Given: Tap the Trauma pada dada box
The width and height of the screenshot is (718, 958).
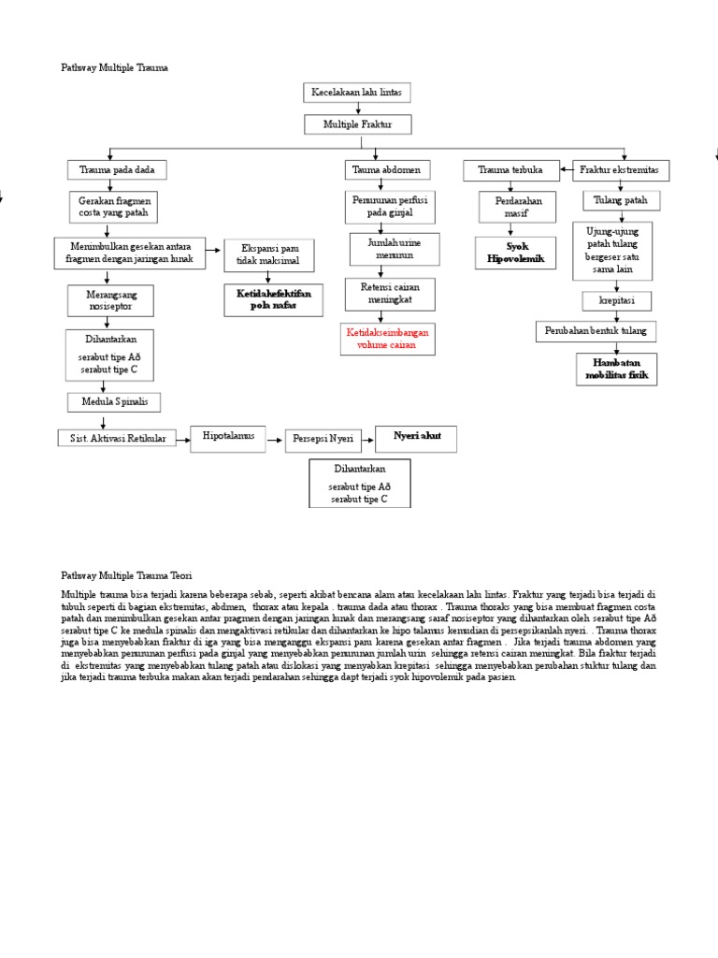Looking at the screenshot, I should click(x=117, y=169).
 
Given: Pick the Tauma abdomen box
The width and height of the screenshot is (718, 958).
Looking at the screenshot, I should click(x=386, y=170).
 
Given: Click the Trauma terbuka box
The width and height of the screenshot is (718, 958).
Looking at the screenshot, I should click(x=511, y=170).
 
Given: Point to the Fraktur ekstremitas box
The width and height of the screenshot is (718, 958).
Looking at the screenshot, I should click(x=619, y=170).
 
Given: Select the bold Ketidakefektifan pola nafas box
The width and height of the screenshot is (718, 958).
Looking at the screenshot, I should click(x=269, y=299).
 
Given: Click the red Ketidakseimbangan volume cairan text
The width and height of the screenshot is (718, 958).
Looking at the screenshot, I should click(x=380, y=339).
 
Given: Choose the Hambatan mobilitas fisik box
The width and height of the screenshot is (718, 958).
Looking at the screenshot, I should click(x=617, y=369).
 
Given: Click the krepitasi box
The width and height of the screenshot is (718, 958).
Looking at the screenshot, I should click(x=616, y=301).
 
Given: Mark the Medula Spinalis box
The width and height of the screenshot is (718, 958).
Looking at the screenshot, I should click(x=114, y=402).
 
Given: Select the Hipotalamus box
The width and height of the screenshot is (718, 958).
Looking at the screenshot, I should click(x=228, y=437).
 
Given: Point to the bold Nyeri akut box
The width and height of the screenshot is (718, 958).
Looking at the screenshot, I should click(x=416, y=437).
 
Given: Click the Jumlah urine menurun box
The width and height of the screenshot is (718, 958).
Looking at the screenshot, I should click(x=381, y=249).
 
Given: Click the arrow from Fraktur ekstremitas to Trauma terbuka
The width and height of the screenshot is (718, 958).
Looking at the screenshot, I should click(x=565, y=170).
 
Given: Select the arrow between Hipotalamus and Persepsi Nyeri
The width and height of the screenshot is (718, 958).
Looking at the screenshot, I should click(x=275, y=438).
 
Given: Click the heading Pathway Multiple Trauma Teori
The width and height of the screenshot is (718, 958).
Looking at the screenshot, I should click(x=125, y=576).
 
